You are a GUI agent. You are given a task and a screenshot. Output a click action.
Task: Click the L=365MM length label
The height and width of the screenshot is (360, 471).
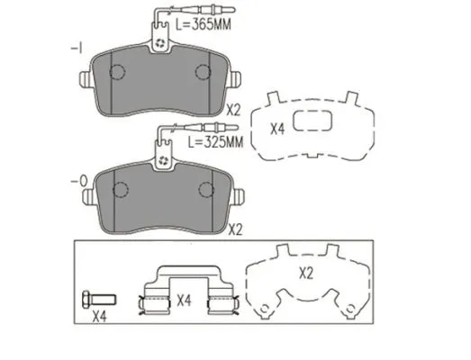tap(204, 24)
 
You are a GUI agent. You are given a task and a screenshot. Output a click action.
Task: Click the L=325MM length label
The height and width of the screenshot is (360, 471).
tap(215, 142)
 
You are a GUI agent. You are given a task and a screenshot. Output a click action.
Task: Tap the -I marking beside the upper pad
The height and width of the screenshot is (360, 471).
tap(77, 49)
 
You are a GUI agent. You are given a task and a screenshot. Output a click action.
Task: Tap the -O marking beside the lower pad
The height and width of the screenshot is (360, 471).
tap(78, 181)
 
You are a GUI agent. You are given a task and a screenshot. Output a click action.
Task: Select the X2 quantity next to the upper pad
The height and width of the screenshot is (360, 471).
tap(233, 111)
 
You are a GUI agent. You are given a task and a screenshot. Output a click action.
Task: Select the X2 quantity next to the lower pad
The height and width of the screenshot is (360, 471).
tap(236, 230)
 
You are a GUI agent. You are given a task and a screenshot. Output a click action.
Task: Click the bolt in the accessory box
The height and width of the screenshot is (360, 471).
tap(99, 299)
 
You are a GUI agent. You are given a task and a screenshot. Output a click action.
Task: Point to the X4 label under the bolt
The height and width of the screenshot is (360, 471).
tap(99, 317)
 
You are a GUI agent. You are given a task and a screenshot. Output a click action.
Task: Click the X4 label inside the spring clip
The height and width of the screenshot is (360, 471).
tap(184, 301)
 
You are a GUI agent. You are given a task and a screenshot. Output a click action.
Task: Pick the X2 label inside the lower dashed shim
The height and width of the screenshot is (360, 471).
tap(306, 274)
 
